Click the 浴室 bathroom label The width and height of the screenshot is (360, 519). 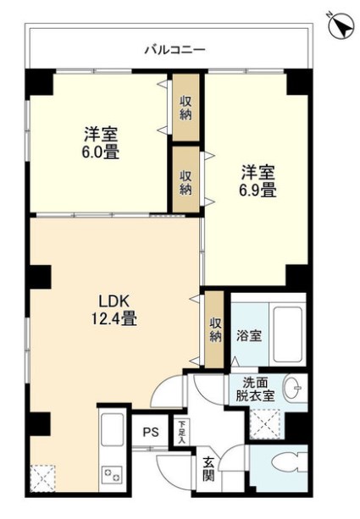coord(248,334)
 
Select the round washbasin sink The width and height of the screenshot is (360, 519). coord(292,389)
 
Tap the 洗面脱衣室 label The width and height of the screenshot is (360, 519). coord(253,389)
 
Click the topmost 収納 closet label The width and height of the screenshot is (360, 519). coord(186,109)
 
